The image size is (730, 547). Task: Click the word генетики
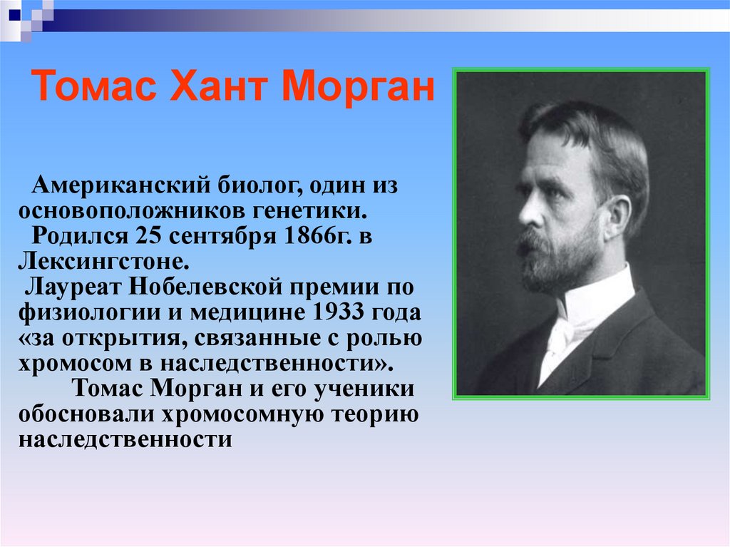310,210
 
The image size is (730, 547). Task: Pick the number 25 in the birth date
148,235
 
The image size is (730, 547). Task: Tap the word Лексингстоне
104,262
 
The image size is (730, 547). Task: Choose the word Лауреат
73,287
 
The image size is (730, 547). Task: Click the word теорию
375,414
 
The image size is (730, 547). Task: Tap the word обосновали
86,414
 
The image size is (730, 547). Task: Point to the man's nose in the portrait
529,210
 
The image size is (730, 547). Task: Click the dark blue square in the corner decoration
15,15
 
